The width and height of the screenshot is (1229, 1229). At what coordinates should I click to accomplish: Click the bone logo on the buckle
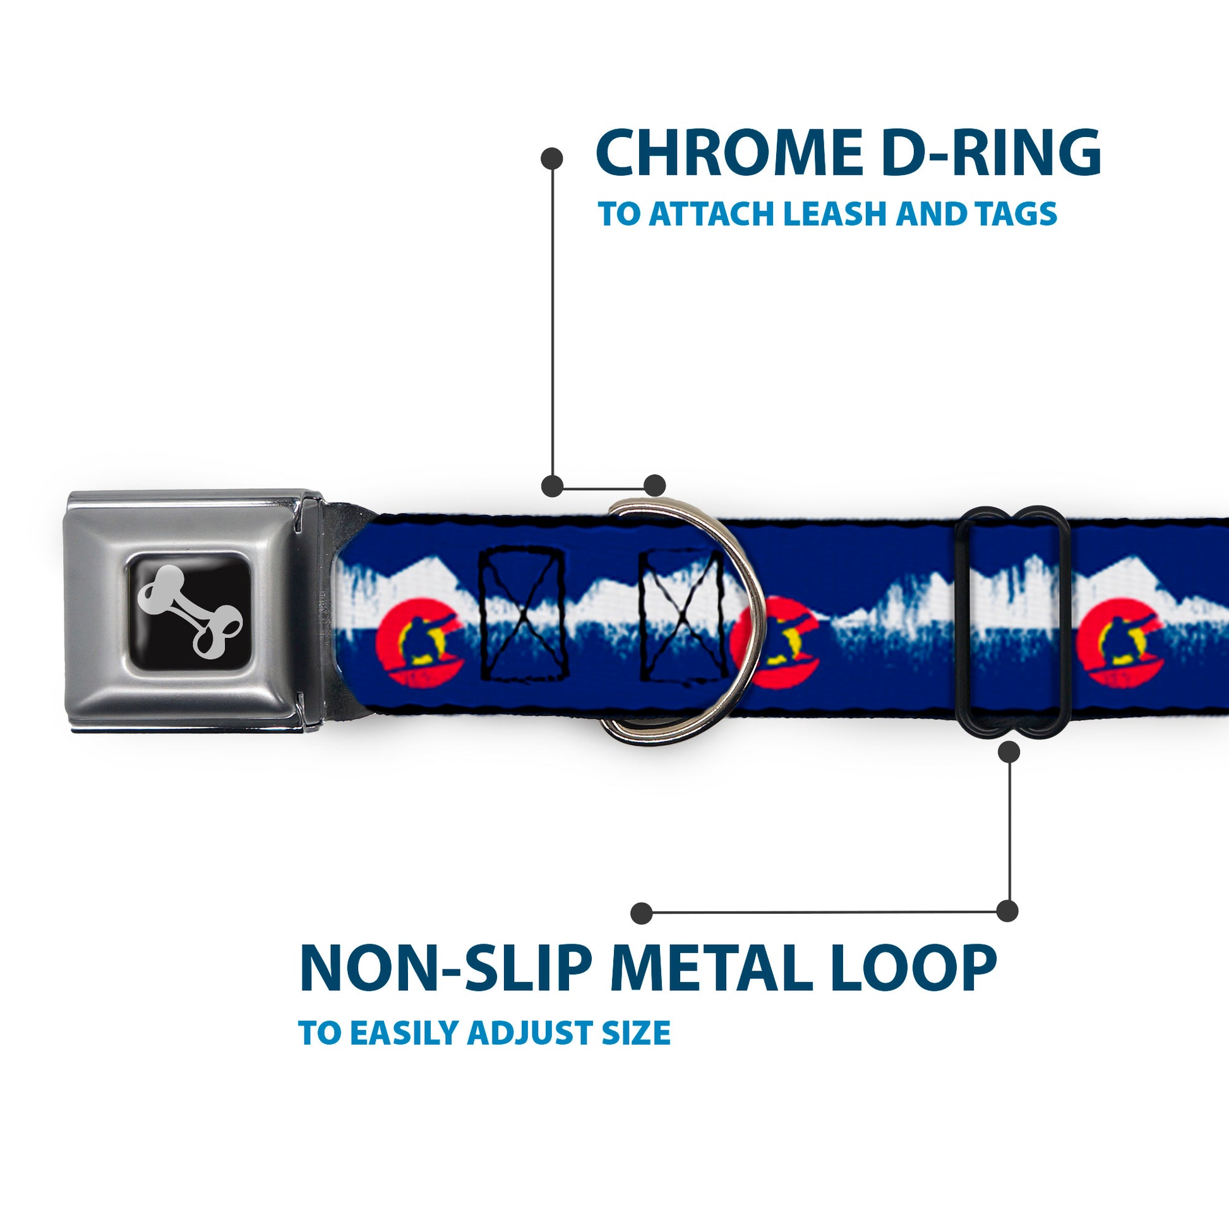point(190,611)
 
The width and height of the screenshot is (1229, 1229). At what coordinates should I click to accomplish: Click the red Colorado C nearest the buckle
point(420,642)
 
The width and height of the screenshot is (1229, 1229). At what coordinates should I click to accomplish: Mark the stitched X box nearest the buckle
point(522,614)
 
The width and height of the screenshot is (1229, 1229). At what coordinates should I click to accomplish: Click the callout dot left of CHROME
point(551,159)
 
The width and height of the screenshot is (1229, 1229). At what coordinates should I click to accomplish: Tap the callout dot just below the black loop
point(1009,753)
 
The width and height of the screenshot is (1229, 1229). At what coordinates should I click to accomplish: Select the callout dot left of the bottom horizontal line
point(642,913)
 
